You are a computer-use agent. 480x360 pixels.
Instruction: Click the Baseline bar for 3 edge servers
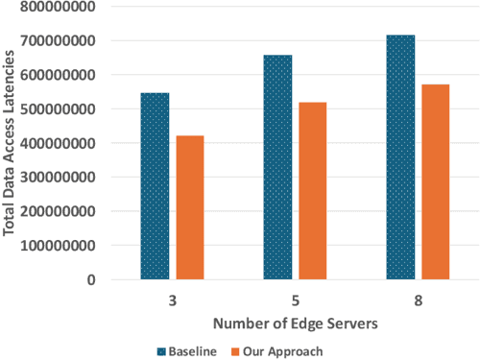(155, 186)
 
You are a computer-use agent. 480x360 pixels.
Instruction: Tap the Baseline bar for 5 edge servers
(277, 167)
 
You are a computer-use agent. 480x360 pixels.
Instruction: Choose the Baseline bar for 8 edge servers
(401, 157)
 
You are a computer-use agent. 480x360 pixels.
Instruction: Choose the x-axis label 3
(172, 300)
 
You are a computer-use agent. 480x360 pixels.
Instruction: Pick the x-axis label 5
(295, 300)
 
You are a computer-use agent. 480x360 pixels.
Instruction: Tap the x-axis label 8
(419, 300)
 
